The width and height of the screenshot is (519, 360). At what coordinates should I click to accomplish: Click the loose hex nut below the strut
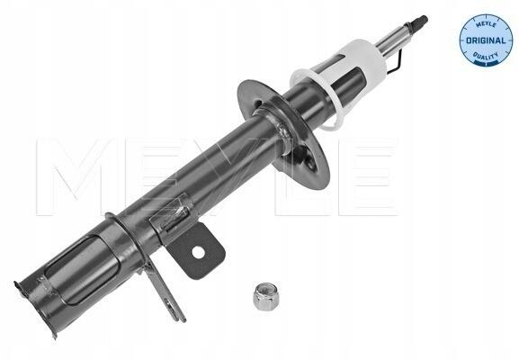tap(265, 296)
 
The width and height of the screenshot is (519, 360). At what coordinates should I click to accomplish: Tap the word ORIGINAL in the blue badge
tap(486, 40)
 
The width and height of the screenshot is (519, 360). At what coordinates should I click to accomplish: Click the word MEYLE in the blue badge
tap(486, 25)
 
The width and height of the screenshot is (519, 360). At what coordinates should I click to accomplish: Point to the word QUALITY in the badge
tap(486, 57)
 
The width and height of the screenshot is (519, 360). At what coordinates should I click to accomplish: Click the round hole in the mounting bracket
tap(198, 253)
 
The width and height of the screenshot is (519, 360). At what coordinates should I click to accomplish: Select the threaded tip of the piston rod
tap(420, 22)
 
